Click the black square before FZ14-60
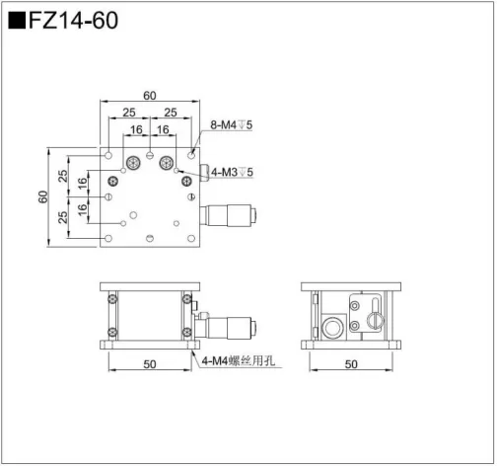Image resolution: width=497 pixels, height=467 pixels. pos(17,20)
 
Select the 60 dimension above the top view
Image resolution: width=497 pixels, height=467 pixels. pos(149,96)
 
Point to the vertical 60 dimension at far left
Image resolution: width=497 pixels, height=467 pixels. pos(44,196)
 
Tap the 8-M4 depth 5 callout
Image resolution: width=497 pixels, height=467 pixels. pos(233,125)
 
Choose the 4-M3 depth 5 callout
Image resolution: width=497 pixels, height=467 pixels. pos(233,173)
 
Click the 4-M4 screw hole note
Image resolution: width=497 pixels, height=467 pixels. pos(240,362)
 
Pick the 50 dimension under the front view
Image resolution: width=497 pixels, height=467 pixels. pos(149,365)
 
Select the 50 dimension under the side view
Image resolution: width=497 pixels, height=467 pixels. pos(351,365)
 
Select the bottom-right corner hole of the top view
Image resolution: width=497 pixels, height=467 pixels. pos(191,239)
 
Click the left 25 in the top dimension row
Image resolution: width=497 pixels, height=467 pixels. pos(129,113)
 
